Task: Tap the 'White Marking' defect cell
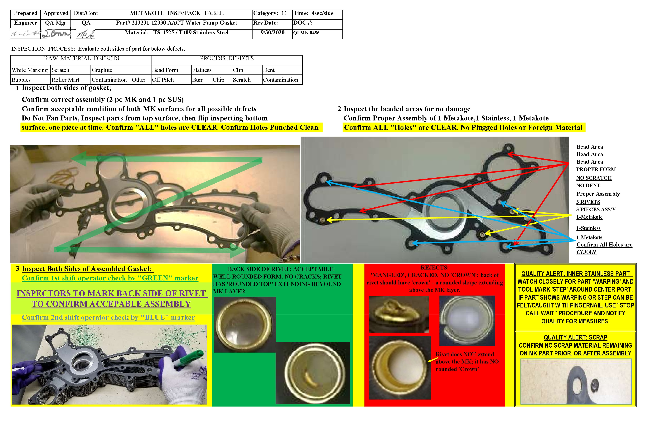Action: (30, 70)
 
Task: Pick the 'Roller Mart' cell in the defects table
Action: (65, 80)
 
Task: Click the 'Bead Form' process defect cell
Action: (165, 70)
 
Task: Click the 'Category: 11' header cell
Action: (270, 13)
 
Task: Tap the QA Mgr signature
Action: (56, 34)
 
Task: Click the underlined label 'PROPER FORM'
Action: (596, 169)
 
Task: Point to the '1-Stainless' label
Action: (588, 228)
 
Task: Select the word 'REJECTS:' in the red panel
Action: (435, 268)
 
